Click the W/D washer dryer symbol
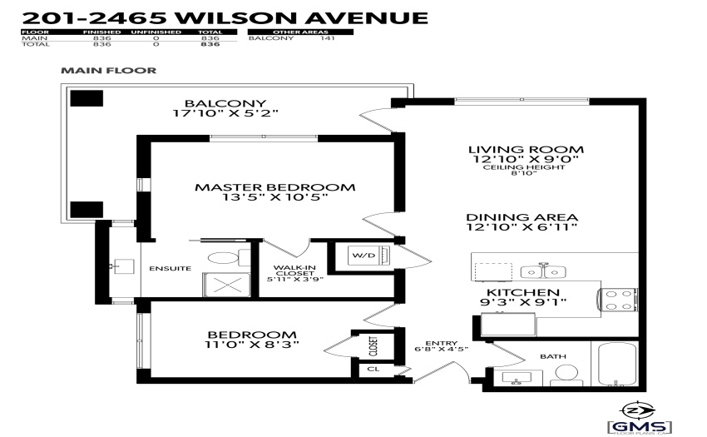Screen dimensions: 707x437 [368, 256]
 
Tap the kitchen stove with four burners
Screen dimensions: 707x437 [618, 300]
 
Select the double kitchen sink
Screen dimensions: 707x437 [543, 271]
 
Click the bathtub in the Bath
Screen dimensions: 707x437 [617, 364]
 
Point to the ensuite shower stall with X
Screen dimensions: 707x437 [226, 285]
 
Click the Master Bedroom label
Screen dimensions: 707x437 [275, 187]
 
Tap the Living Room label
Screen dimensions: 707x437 [526, 150]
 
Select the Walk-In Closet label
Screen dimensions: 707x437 [295, 271]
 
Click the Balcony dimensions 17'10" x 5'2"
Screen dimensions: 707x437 [225, 113]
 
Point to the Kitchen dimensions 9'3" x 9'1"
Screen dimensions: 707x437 [523, 302]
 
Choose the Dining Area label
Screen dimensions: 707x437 [522, 217]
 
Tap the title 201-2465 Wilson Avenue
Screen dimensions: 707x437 [225, 18]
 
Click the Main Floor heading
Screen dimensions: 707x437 [109, 71]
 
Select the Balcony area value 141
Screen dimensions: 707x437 [328, 38]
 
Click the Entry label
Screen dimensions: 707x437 [442, 343]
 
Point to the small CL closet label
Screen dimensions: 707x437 [373, 369]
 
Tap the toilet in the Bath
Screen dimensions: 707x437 [566, 375]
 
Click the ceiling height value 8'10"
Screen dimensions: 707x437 [523, 173]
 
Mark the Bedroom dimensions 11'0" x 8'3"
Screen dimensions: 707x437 [252, 345]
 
